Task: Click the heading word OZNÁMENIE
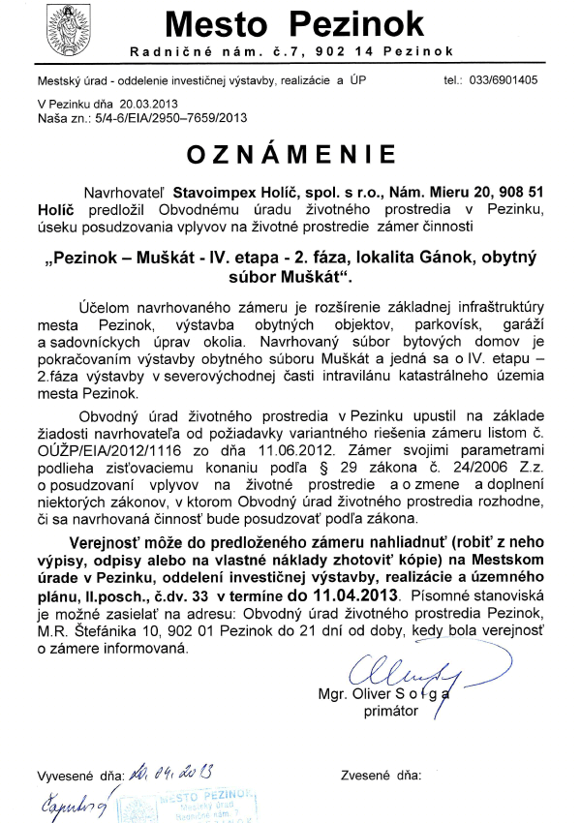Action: [290, 154]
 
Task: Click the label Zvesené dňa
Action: [382, 777]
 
